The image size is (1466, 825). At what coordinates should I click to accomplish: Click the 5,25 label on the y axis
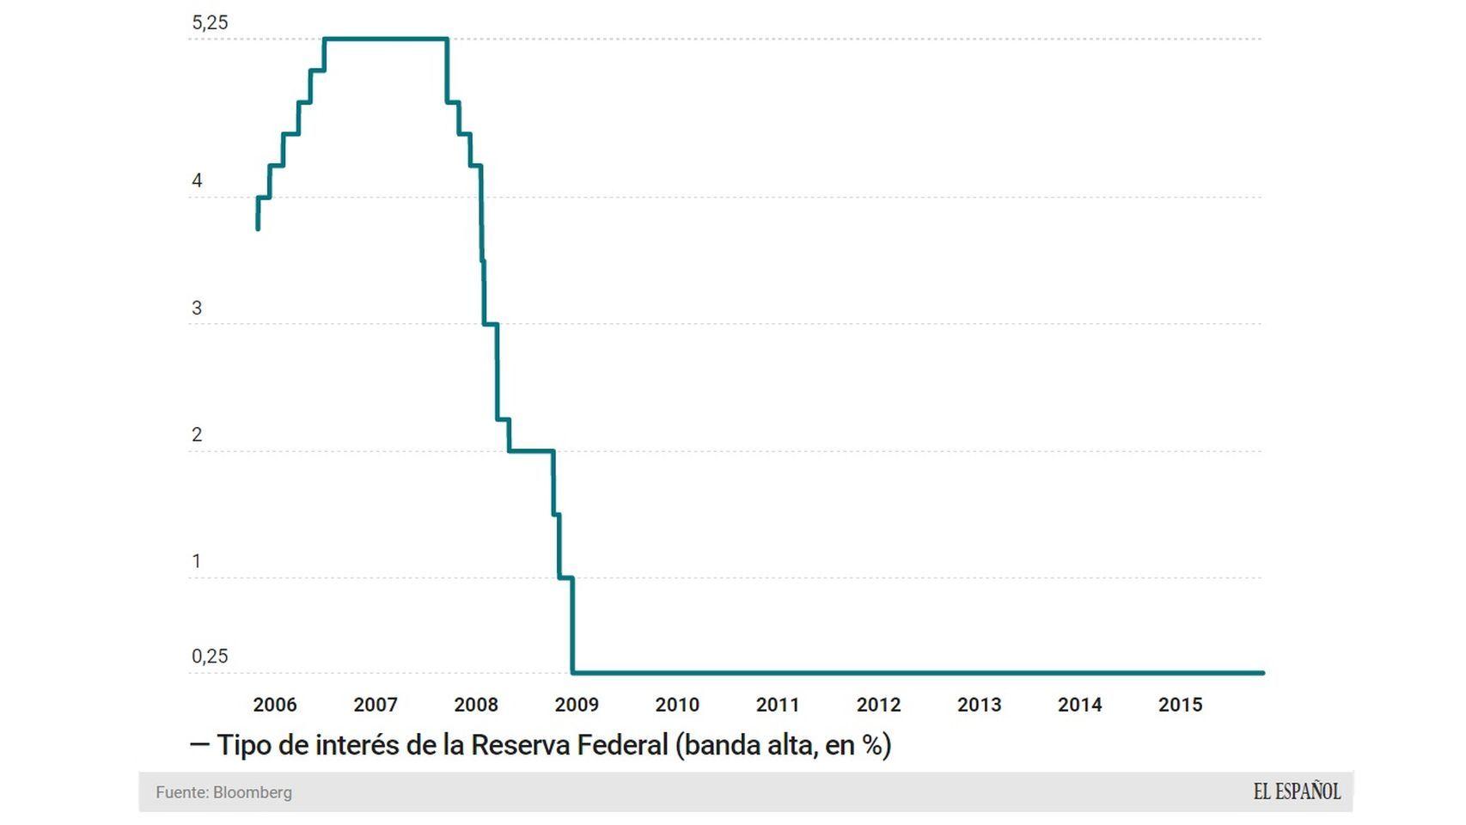click(x=210, y=23)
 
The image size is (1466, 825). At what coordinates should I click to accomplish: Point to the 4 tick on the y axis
click(x=197, y=181)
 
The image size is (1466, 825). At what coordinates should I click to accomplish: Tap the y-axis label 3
click(x=197, y=309)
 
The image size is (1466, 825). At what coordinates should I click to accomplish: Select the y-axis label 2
click(x=197, y=435)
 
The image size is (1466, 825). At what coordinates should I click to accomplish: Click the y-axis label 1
click(x=197, y=561)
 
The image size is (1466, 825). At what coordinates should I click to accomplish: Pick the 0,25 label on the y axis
click(x=210, y=657)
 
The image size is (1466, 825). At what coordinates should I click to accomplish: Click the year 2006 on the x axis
click(x=274, y=705)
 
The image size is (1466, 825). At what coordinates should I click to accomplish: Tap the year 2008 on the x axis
click(x=476, y=705)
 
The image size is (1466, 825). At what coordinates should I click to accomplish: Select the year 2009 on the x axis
click(x=577, y=705)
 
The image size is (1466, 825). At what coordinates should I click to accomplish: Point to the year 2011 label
click(x=778, y=705)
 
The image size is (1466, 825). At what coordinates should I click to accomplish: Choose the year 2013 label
click(x=979, y=705)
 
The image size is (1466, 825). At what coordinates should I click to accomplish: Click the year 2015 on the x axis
click(x=1180, y=705)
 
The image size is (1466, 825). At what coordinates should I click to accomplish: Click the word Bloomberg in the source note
click(x=252, y=792)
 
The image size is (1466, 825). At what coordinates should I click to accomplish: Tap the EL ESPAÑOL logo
click(x=1296, y=791)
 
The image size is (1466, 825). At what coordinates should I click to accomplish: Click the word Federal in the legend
click(x=622, y=745)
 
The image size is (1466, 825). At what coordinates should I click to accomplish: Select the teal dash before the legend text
click(x=199, y=744)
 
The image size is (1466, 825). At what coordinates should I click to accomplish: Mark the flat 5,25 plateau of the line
click(x=385, y=39)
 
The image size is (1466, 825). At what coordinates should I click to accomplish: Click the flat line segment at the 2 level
click(x=531, y=450)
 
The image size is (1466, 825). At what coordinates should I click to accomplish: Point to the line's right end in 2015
click(x=1261, y=673)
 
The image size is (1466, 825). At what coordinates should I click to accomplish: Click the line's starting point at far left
click(x=258, y=228)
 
